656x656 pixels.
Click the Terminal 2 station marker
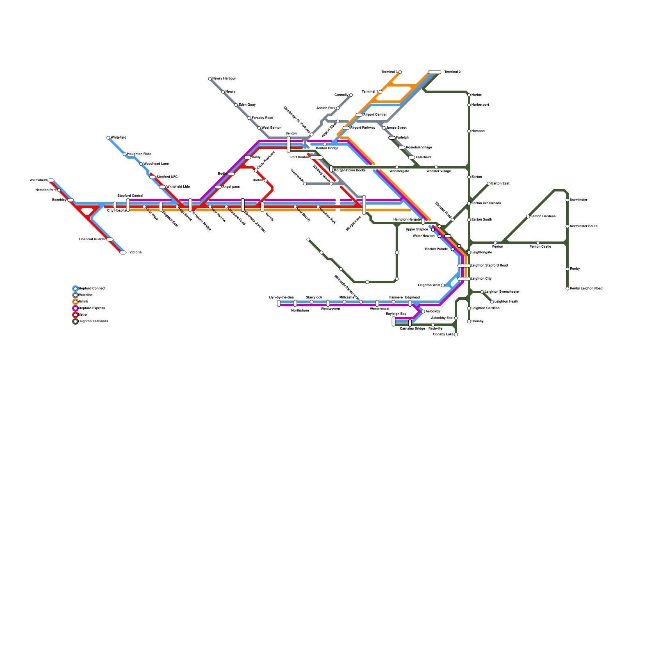[x=435, y=72]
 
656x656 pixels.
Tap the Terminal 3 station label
[x=389, y=72]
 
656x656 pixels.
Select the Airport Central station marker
[x=359, y=115]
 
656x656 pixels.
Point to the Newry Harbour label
[x=224, y=79]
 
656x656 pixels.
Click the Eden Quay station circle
[x=236, y=105]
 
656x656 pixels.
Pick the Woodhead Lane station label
[x=156, y=164]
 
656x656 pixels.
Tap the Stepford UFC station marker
[x=153, y=177]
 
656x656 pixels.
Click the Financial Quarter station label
[x=92, y=239]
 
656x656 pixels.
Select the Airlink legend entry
[x=83, y=302]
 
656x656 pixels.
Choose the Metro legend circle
[x=75, y=315]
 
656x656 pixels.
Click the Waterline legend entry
[x=85, y=295]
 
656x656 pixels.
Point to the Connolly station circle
[x=351, y=95]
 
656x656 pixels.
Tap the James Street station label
[x=396, y=128]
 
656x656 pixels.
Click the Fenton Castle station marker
[x=538, y=243]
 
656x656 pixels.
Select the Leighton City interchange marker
[x=464, y=279]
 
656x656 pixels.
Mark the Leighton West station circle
[x=443, y=285]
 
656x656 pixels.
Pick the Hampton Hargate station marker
[x=423, y=221]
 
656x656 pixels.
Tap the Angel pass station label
[x=231, y=187]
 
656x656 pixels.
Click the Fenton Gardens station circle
[x=528, y=216]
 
